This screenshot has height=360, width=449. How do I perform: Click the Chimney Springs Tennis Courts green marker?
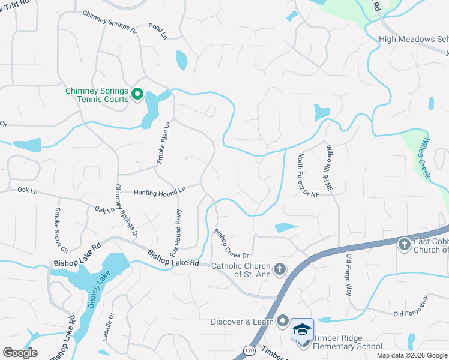pyautogui.click(x=137, y=94)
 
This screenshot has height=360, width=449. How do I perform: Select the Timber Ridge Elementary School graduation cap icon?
pyautogui.click(x=302, y=331)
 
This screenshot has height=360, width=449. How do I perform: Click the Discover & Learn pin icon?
pyautogui.click(x=283, y=322)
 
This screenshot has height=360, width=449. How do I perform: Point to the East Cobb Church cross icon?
pyautogui.click(x=404, y=245)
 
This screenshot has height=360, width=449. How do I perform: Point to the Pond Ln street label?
pyautogui.click(x=158, y=32)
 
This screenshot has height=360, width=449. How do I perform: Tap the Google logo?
pyautogui.click(x=20, y=353)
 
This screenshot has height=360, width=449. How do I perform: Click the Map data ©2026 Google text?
pyautogui.click(x=411, y=355)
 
